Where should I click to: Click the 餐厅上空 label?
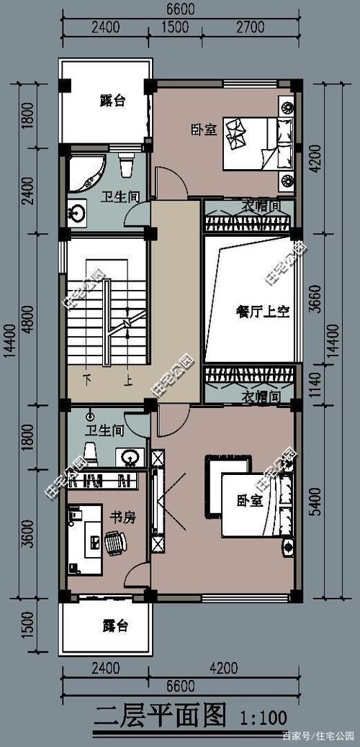tap(262, 311)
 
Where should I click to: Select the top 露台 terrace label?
tap(112, 101)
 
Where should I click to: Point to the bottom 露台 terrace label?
tap(114, 625)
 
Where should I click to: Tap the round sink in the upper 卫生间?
tap(77, 212)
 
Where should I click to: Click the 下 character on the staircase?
tap(87, 378)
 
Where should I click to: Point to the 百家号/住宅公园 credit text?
tap(318, 735)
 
